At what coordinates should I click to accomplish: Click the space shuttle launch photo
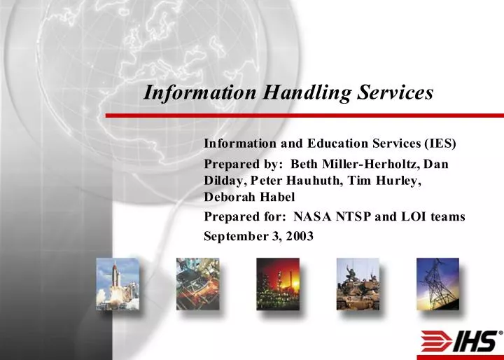[118, 284]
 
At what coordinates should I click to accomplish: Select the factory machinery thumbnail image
[197, 284]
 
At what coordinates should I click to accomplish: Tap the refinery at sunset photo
[277, 284]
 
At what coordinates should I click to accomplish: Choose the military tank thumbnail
[357, 284]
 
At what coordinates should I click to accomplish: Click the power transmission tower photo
[437, 284]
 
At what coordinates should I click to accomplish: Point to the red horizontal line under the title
[304, 115]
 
